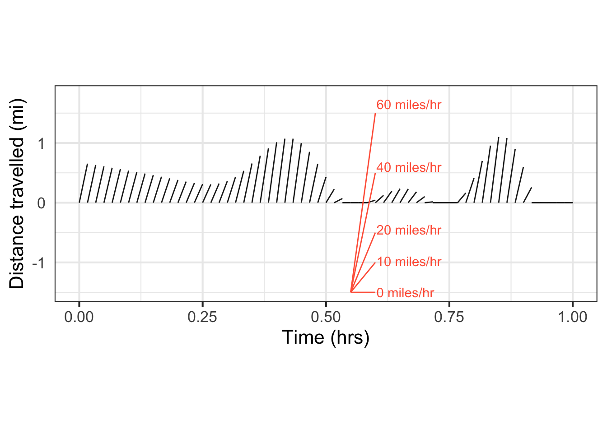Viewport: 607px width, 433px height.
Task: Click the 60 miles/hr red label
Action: coord(408,105)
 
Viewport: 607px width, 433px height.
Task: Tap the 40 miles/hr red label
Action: coord(408,167)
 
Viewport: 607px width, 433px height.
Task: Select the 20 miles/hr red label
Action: coord(408,230)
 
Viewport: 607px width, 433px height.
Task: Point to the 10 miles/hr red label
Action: coord(408,262)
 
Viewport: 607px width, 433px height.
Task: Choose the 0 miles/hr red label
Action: coord(405,293)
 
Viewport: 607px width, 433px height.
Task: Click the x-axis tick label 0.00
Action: coord(79,317)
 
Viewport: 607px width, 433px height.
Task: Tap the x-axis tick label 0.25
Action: coord(202,317)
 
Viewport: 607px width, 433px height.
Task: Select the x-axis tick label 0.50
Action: coord(326,317)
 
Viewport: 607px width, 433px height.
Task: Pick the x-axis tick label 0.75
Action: coord(449,317)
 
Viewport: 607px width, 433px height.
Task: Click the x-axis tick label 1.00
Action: coord(572,317)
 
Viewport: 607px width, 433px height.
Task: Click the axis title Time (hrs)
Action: coord(326,337)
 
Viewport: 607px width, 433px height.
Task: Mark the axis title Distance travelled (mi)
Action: coord(17,193)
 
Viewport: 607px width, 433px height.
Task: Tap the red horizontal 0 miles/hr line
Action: coord(363,292)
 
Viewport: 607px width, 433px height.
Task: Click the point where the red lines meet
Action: coord(351,292)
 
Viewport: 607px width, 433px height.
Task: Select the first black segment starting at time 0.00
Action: coord(83,183)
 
